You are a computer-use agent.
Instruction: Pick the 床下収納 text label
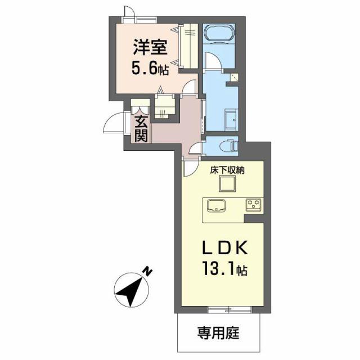[x=228, y=169]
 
